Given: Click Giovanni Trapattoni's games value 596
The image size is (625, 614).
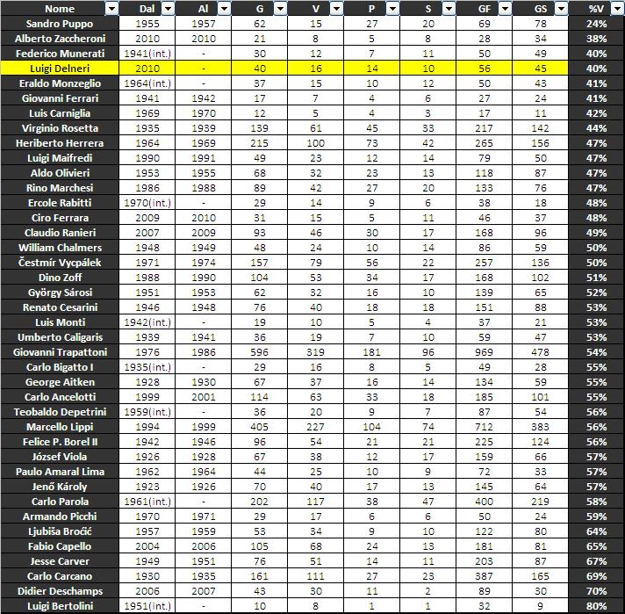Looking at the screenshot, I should pos(259,351).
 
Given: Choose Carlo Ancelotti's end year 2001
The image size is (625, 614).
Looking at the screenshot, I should pos(204,396).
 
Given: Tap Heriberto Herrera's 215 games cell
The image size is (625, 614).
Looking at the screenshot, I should pos(259,142).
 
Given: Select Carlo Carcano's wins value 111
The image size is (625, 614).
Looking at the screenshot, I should pos(315,575).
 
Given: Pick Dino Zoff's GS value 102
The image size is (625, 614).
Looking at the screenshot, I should pos(541,277).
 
